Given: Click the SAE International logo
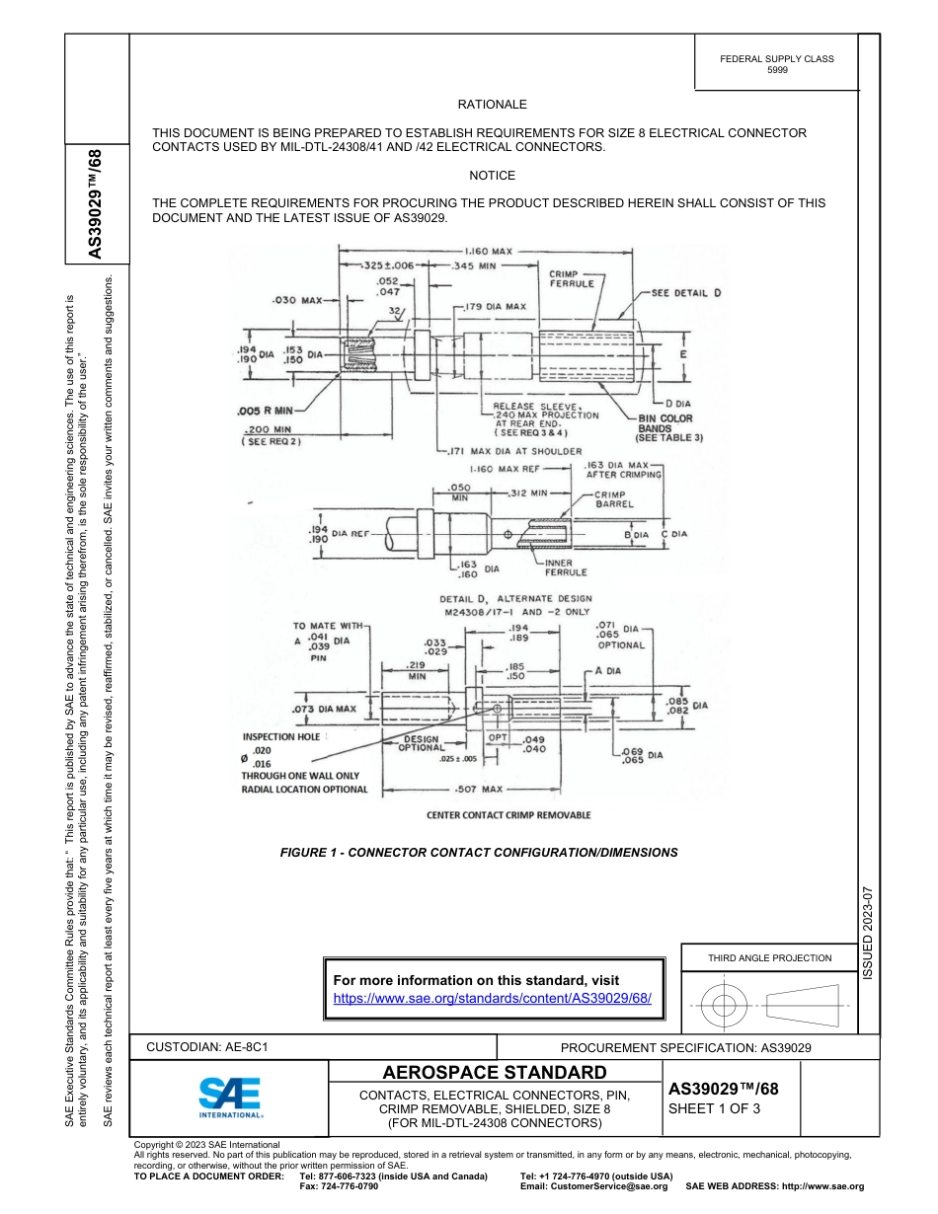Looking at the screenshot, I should pos(229,1097).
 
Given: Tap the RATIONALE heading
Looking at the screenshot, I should pos(492,105).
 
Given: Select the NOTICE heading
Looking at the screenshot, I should pos(492,176).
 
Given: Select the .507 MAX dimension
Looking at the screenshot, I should pos(485,790).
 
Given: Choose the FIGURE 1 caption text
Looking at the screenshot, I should pos(479,852).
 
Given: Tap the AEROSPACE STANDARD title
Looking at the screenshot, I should pos(494,1073).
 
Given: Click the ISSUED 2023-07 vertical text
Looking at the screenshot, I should pos(869,931).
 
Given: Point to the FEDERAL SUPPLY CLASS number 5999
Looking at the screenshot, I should pos(777,71).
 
